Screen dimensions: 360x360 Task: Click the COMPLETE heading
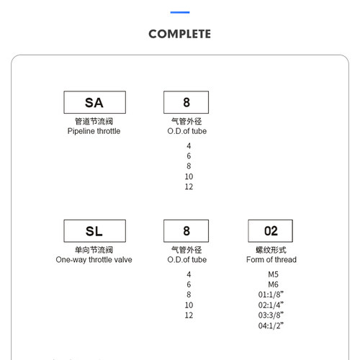180,34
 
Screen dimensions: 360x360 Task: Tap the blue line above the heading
180,12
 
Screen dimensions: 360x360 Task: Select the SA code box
94,102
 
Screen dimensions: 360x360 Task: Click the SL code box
94,231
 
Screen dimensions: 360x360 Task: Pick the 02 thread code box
271,231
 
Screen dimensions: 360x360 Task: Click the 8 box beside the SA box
186,102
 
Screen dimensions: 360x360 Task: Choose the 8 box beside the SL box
186,231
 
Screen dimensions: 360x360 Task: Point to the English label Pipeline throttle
94,131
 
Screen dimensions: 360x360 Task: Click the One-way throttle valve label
94,260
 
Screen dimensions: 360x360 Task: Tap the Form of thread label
271,259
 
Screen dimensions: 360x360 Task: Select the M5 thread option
273,274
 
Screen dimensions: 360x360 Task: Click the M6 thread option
273,284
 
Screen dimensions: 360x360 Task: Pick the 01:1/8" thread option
271,294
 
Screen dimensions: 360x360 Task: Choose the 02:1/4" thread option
271,305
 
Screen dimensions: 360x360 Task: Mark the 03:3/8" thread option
271,315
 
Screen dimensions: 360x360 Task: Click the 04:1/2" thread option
271,325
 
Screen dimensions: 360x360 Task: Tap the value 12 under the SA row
189,186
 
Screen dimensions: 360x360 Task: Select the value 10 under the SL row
189,305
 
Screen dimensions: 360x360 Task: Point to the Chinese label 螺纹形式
271,250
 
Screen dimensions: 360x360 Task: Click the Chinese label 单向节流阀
94,250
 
